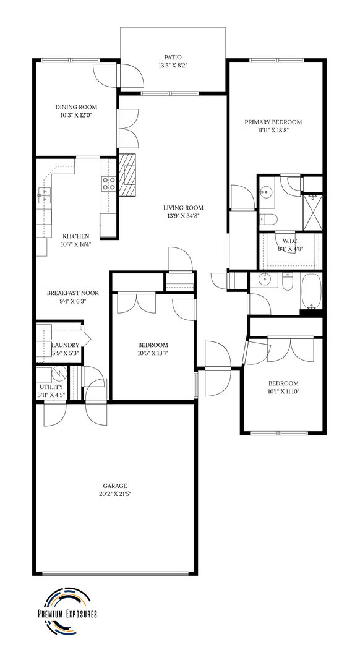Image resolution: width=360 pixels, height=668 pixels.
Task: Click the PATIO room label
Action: [x=173, y=57]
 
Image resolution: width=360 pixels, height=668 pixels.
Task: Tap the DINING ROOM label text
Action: [x=76, y=107]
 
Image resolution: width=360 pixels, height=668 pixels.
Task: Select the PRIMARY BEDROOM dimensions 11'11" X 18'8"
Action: [x=273, y=131]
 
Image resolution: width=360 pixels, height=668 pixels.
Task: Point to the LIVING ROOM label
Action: [x=183, y=208]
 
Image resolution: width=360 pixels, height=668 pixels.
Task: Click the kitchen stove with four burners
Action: [x=109, y=183]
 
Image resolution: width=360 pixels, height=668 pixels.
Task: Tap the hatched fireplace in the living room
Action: [x=127, y=174]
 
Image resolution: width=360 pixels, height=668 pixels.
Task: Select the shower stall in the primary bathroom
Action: [x=312, y=212]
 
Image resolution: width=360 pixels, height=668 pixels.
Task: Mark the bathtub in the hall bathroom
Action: [x=311, y=292]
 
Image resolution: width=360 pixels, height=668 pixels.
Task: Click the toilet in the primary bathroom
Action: [x=268, y=219]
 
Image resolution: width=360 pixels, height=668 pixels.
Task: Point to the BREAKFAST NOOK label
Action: [x=73, y=293]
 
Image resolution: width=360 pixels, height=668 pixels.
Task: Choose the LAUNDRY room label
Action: [x=65, y=345]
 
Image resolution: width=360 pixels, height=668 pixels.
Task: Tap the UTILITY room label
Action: [x=51, y=387]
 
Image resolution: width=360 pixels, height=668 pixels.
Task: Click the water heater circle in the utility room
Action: [x=59, y=374]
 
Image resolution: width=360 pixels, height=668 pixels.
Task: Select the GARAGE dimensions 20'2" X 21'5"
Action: [x=115, y=494]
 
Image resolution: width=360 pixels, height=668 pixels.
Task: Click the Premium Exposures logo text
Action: [x=67, y=614]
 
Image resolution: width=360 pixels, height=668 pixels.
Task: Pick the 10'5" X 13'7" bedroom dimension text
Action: [x=153, y=353]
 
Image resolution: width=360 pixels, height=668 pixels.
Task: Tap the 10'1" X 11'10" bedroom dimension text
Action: [x=283, y=391]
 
